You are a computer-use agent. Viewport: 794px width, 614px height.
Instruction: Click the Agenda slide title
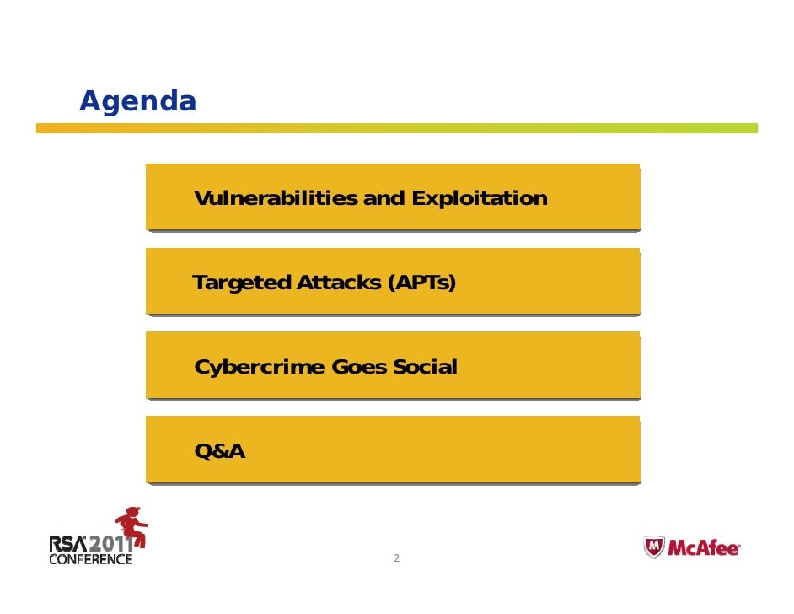pyautogui.click(x=137, y=102)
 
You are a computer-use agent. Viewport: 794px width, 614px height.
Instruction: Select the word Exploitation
pyautogui.click(x=479, y=199)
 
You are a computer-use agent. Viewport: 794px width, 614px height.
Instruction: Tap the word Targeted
pyautogui.click(x=242, y=283)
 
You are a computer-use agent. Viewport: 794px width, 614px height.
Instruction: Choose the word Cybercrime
pyautogui.click(x=260, y=368)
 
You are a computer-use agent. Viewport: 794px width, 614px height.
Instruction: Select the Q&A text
pyautogui.click(x=219, y=452)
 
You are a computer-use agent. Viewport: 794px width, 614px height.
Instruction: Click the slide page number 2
pyautogui.click(x=396, y=558)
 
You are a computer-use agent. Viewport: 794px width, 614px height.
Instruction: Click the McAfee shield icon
pyautogui.click(x=654, y=548)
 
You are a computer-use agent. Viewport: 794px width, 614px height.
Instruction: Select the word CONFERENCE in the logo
pyautogui.click(x=91, y=559)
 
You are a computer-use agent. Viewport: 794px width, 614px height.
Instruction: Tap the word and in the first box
pyautogui.click(x=384, y=199)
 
